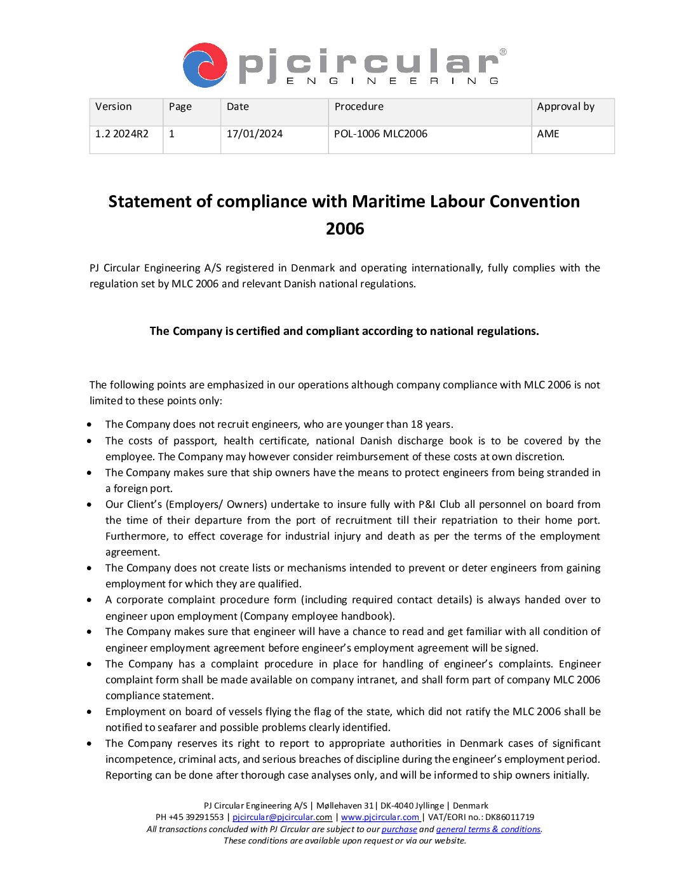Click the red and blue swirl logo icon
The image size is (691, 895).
coord(205,65)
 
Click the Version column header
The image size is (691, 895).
coord(114,107)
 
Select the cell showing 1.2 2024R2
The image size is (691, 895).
coord(122,134)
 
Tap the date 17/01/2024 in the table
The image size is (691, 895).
coord(254,134)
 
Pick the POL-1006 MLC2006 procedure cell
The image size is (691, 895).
coord(380,134)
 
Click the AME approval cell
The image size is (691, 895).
coord(548,134)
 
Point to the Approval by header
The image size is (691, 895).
coord(565,107)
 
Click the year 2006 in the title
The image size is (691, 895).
coord(345,229)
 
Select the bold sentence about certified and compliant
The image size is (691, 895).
coord(344,331)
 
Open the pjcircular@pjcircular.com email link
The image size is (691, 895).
coord(282,817)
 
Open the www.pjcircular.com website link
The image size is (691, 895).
coord(380,817)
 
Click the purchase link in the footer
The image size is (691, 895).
coord(399,830)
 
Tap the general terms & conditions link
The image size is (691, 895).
coord(488,830)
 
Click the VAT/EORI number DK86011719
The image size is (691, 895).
coord(509,817)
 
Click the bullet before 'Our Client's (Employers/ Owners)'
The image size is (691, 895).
coord(90,505)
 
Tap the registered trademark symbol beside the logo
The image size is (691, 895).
coord(503,52)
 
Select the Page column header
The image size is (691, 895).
coord(180,107)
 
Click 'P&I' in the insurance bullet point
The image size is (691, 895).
coord(427,505)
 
